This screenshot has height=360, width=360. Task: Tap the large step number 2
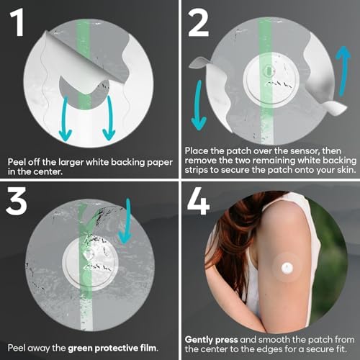coord(198,23)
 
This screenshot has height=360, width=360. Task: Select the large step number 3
coord(17,201)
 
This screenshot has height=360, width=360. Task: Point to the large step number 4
coord(199,201)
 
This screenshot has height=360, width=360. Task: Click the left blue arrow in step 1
coord(66,120)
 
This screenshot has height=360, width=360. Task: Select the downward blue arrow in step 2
coord(199,106)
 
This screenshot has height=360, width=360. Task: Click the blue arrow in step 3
coord(126,222)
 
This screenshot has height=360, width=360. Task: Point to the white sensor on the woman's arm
coord(287,268)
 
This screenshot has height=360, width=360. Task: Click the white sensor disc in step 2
coord(271,80)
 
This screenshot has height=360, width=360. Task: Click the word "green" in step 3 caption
coord(81,348)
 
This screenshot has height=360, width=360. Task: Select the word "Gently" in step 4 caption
coord(199,340)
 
